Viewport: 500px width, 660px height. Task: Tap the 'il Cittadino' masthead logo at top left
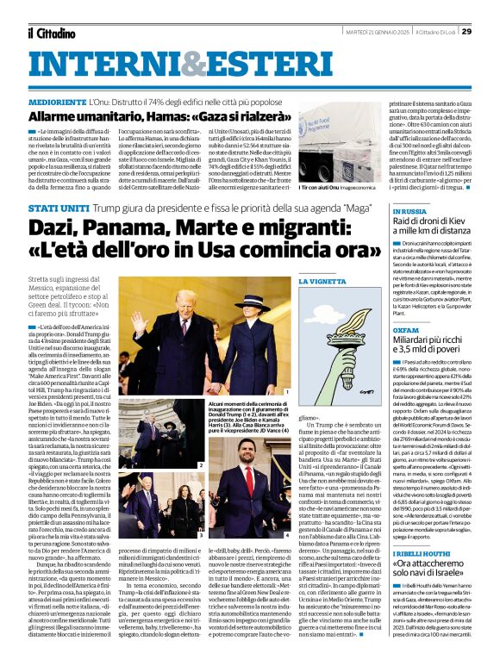coord(51,33)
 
